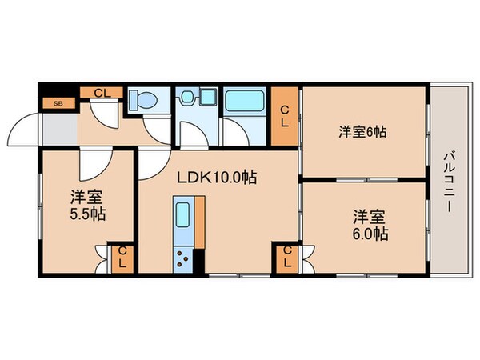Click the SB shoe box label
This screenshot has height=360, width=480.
[x=58, y=103]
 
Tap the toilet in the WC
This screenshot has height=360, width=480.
[x=143, y=99]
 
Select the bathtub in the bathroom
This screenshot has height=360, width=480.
[x=245, y=101]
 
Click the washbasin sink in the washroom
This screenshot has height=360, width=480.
[x=186, y=97]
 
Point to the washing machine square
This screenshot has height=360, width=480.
[x=208, y=97]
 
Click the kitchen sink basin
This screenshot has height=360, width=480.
[x=182, y=215]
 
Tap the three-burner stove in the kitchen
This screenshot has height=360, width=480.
[x=182, y=260]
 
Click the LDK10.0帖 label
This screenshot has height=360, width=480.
[x=217, y=178]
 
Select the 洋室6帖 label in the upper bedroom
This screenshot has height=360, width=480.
[x=362, y=132]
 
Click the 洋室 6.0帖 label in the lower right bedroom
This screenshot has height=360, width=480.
[x=370, y=225]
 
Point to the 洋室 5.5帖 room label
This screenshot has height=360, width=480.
[x=88, y=206]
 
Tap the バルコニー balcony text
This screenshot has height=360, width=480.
[x=449, y=182]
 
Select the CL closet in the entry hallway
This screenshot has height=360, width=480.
[x=102, y=93]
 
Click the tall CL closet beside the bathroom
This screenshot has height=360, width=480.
[x=284, y=116]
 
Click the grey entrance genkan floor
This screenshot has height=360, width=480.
[x=60, y=128]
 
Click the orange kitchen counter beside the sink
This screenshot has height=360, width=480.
[x=199, y=222]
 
